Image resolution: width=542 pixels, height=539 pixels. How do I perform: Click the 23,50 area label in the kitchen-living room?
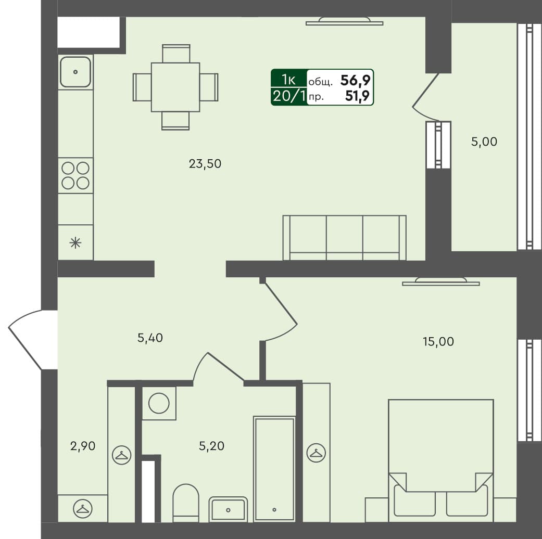click(205, 164)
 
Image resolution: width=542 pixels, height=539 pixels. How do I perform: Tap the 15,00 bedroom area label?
click(438, 342)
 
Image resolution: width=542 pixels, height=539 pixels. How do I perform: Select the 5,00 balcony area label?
click(484, 142)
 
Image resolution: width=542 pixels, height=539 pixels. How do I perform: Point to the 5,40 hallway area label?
click(150, 338)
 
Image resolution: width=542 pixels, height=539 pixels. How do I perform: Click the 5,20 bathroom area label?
click(211, 446)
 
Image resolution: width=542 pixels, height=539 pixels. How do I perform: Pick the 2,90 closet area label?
click(83, 446)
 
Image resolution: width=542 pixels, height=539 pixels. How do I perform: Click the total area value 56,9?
click(356, 80)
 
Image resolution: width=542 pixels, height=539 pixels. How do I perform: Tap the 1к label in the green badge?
click(288, 80)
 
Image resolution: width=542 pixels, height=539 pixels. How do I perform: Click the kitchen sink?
click(75, 72)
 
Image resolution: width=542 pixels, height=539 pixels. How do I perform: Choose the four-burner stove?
click(75, 175)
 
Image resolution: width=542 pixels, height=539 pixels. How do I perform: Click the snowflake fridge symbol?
click(75, 242)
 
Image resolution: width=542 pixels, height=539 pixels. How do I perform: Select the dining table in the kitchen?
click(175, 87)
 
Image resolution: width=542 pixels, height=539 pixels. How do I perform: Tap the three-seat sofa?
click(344, 237)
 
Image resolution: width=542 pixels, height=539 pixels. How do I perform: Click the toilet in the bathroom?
click(186, 502)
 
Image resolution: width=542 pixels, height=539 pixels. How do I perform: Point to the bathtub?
click(274, 468)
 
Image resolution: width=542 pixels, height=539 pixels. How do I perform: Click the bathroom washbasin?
click(228, 508)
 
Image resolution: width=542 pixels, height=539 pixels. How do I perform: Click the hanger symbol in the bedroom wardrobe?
click(316, 453)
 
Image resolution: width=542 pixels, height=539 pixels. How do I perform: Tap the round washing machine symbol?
click(159, 403)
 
